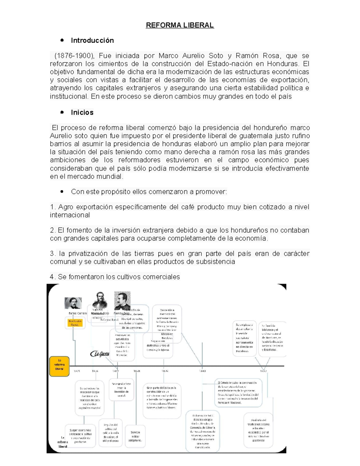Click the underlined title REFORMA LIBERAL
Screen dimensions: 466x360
pos(180,25)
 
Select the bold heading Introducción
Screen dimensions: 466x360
pos(92,41)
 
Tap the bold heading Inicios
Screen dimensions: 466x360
pos(82,113)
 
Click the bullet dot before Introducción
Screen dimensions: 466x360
pos(62,40)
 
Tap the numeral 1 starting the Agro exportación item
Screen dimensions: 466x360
pos(52,207)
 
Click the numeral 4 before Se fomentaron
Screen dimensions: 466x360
pos(52,277)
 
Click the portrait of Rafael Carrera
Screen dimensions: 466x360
pos(73,303)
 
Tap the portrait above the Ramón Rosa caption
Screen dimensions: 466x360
pos(122,301)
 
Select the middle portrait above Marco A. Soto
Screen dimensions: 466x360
pos(100,300)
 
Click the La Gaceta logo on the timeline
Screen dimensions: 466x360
pos(100,354)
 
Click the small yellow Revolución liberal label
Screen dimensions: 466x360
pos(75,323)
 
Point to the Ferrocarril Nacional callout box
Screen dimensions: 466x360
pos(238,393)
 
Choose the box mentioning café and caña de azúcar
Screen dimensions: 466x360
pos(111,433)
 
